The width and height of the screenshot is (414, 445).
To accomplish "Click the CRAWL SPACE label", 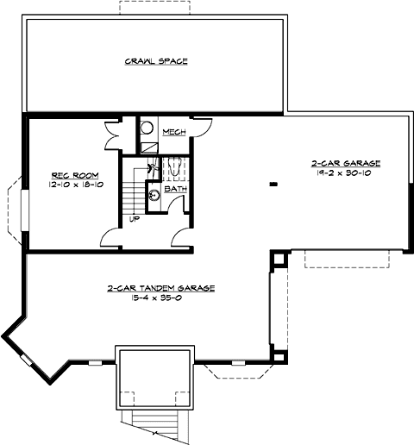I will [156, 61].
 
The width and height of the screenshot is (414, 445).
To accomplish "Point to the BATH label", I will [175, 188].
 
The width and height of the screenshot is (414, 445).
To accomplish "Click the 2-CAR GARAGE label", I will [345, 162].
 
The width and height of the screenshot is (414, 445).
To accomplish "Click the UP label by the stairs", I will [135, 219].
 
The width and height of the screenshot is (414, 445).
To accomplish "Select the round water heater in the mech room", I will [147, 128].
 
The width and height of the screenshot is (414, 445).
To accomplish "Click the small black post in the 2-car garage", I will [273, 184].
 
